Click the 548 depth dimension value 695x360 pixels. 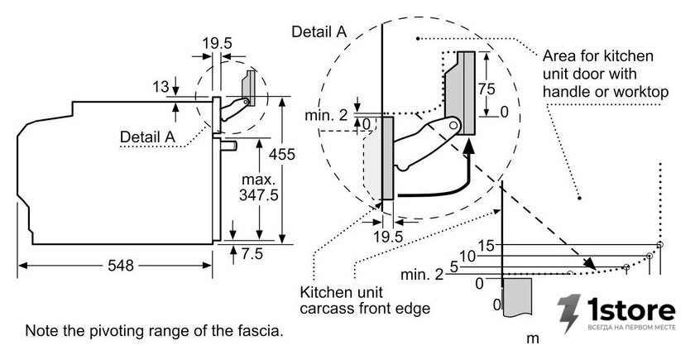[121, 265]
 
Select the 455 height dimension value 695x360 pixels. [281, 154]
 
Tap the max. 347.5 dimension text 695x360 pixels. [259, 187]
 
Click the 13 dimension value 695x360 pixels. [161, 87]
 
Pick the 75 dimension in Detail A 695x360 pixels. [486, 89]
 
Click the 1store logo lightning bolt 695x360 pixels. [569, 313]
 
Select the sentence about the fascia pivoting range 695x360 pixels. [154, 331]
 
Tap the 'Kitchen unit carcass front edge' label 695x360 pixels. [365, 300]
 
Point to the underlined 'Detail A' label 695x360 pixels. [147, 137]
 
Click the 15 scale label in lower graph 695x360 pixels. [486, 245]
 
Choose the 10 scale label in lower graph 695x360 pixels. [467, 257]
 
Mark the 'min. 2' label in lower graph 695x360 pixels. [421, 275]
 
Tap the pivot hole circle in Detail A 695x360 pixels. [453, 126]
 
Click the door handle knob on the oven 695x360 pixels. [229, 146]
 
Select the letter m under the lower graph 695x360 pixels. [532, 338]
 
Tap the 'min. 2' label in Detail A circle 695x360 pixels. [326, 115]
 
